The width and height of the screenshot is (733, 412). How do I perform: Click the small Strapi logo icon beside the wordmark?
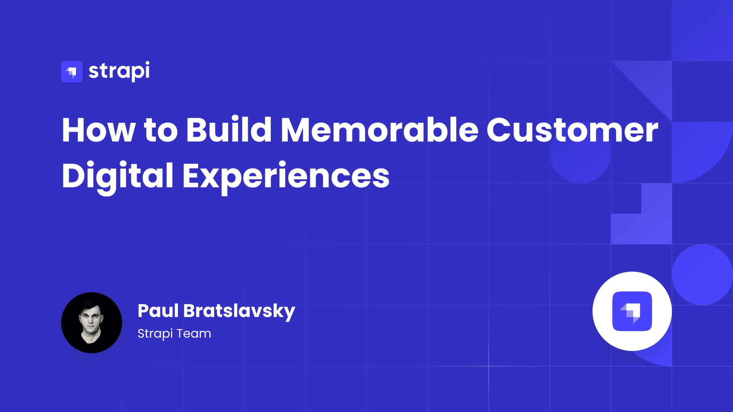pos(72,72)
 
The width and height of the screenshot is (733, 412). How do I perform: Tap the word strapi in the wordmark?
pos(119,71)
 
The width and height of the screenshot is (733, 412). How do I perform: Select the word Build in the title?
pos(229,129)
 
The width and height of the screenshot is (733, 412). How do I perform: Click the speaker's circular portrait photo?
pos(92,323)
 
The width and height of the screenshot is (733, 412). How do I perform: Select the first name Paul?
pos(158,311)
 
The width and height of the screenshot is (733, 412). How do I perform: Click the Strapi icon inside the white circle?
pos(632,311)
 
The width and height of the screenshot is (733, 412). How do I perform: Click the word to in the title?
pos(161,130)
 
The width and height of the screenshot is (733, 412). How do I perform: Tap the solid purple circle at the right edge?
pos(702,275)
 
